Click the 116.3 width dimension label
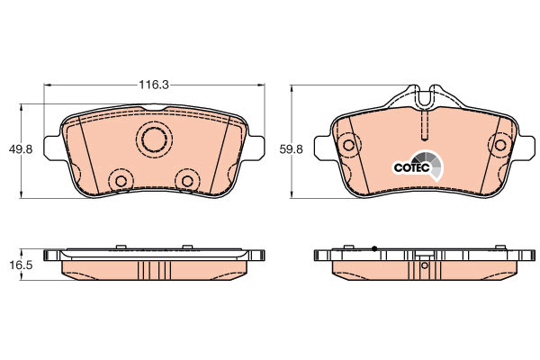pyautogui.click(x=154, y=85)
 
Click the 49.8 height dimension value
pyautogui.click(x=21, y=149)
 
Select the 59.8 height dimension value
pyautogui.click(x=291, y=149)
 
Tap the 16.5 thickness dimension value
pyautogui.click(x=21, y=265)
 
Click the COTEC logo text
pyautogui.click(x=412, y=167)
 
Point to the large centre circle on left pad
pyautogui.click(x=155, y=139)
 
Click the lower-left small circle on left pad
pyautogui.click(x=121, y=181)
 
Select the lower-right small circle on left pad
pyautogui.click(x=188, y=181)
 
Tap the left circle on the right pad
pyautogui.click(x=349, y=145)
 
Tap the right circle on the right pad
pyautogui.click(x=500, y=145)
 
